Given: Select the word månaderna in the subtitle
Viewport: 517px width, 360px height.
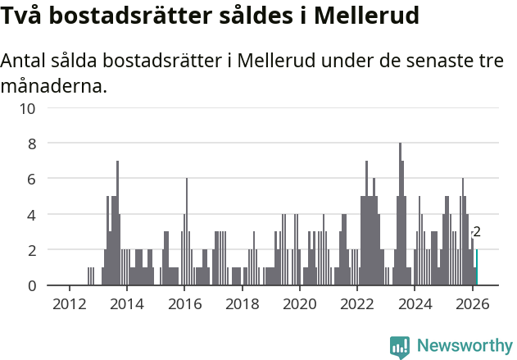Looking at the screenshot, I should [54, 84].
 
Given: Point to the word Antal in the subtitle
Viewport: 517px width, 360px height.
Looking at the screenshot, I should [25, 61].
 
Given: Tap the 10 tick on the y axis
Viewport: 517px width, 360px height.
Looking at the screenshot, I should [28, 107].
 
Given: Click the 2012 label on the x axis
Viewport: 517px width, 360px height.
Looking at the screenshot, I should [69, 303].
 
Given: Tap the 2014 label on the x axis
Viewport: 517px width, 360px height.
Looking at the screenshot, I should [126, 303].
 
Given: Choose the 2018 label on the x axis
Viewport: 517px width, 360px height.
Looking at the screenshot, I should [242, 303].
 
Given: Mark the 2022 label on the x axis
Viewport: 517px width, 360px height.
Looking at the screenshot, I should [357, 303].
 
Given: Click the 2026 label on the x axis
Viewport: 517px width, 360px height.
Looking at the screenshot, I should [472, 303].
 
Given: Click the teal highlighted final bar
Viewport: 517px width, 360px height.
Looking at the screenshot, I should [477, 268].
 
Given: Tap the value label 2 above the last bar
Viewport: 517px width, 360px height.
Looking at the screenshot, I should [477, 233].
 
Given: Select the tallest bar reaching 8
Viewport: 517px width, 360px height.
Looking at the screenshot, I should [400, 215].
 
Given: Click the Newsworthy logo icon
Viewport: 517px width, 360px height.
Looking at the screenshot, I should [400, 347].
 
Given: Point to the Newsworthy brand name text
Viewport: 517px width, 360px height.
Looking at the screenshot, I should [464, 346].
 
